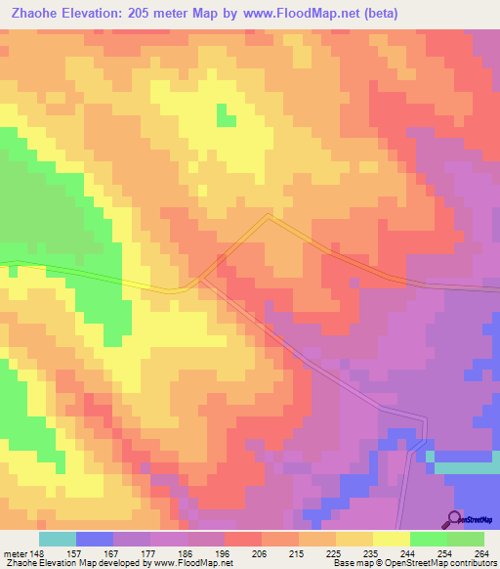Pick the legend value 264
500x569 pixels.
(481, 553)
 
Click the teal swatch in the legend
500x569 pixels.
(58, 539)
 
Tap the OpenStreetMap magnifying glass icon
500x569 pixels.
(454, 519)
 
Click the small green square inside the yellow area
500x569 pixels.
(226, 115)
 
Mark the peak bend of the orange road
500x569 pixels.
(269, 216)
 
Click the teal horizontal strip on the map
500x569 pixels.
(465, 468)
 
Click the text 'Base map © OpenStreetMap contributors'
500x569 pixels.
(410, 563)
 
